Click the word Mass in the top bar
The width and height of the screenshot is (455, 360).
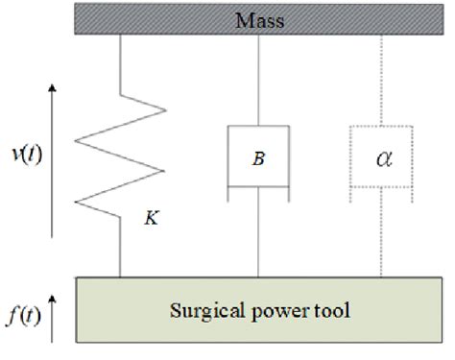(262, 19)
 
